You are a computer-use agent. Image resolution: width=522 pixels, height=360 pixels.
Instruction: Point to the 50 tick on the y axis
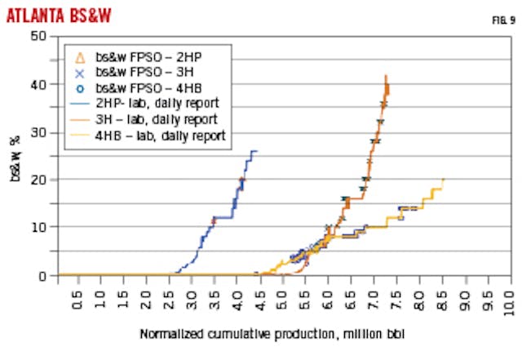tap(38, 36)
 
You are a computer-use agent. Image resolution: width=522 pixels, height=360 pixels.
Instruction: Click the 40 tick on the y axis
tap(38, 84)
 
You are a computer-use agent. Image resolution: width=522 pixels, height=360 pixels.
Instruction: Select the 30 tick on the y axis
tap(38, 132)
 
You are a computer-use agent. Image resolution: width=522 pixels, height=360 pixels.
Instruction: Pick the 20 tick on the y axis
tap(38, 180)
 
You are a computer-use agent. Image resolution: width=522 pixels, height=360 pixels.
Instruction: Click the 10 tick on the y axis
tap(38, 228)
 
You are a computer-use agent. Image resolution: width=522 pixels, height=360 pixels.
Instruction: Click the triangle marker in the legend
tap(79, 57)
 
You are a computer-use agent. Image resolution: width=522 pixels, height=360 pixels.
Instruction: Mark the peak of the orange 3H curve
tap(386, 76)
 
